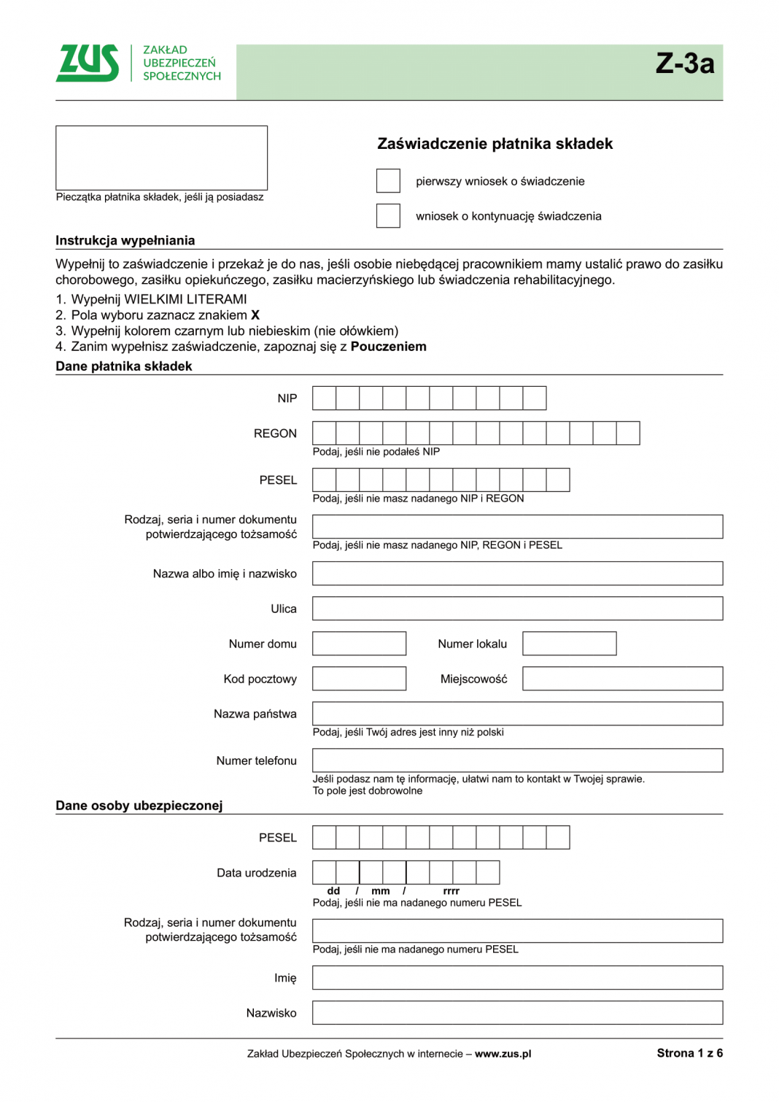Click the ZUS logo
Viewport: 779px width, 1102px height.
[88, 63]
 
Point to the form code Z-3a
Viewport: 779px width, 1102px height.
[684, 63]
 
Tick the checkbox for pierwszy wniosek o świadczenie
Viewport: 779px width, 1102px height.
[388, 181]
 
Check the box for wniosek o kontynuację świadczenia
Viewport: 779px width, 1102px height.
[388, 216]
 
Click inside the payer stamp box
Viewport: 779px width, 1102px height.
[161, 158]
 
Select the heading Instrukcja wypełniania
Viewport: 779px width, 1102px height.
[125, 241]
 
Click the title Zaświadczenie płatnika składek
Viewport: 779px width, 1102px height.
[495, 144]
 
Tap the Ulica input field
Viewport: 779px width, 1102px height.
[517, 609]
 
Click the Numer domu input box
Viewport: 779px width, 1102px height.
[359, 644]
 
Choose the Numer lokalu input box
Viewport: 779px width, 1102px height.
[569, 644]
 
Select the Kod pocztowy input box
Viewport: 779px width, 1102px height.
[359, 679]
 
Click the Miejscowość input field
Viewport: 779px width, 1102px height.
[622, 679]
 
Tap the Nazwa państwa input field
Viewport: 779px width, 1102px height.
[517, 714]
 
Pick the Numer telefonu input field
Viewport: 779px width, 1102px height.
[517, 760]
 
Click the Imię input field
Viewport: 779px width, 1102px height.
[517, 978]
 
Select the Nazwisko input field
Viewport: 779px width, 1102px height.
[517, 1013]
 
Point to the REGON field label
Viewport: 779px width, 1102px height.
[275, 434]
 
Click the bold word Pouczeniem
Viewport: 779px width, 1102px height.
[388, 347]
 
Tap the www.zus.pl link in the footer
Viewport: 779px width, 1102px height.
[503, 1054]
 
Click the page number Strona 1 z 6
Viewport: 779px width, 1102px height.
[689, 1053]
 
